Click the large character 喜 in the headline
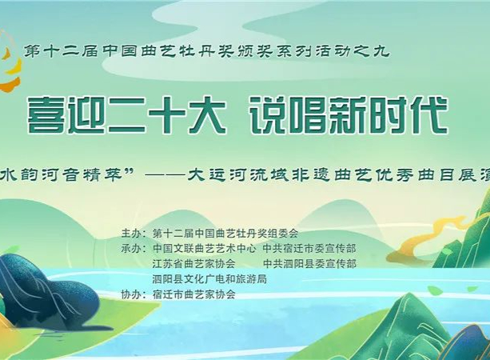point(46,114)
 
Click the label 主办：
point(133,234)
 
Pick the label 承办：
point(133,249)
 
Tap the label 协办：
point(133,294)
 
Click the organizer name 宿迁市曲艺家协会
point(193,294)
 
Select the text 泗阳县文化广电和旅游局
point(209,279)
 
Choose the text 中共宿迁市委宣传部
point(309,249)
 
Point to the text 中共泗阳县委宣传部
point(309,264)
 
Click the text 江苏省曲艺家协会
point(193,264)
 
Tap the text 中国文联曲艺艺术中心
point(205,249)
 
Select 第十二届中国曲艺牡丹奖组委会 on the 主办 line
point(225,234)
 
